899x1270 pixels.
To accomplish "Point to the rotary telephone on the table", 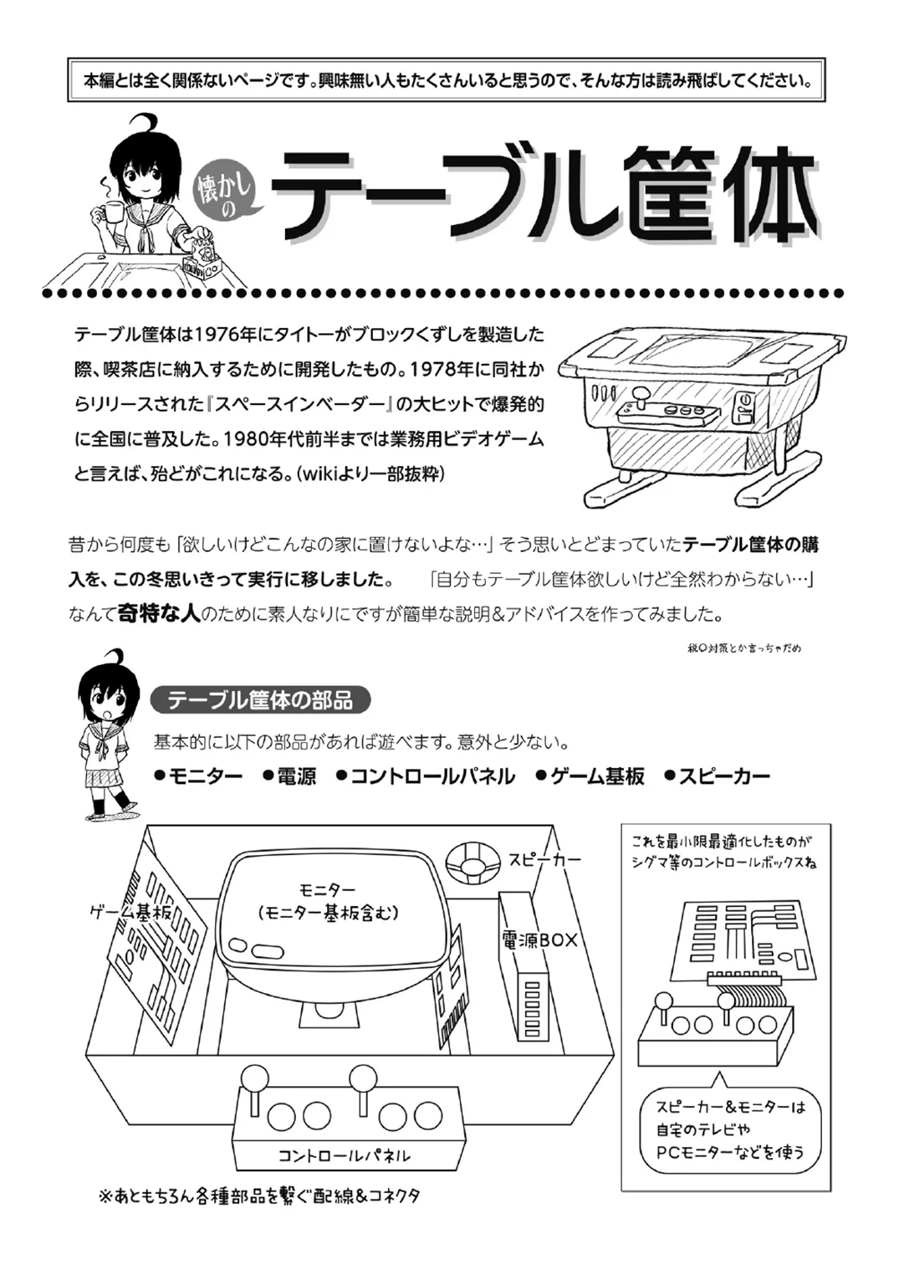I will pyautogui.click(x=202, y=256).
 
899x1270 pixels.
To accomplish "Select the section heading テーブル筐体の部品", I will pyautogui.click(x=260, y=699).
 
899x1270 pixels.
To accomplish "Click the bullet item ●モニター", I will pyautogui.click(x=198, y=776).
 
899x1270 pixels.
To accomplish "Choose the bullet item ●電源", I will pyautogui.click(x=289, y=776).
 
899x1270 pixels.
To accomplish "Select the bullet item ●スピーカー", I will pyautogui.click(x=717, y=776).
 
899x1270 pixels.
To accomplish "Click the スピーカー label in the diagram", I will pyautogui.click(x=544, y=859).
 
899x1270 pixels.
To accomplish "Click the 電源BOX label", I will pyautogui.click(x=539, y=940).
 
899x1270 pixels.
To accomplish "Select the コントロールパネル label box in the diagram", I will pyautogui.click(x=344, y=1155).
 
